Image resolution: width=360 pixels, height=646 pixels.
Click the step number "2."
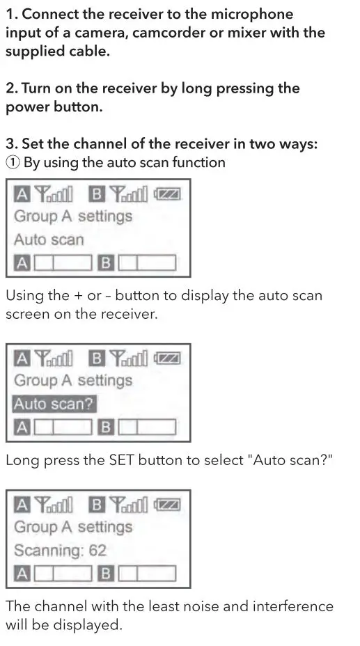12,88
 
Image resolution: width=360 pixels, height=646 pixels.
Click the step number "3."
12,144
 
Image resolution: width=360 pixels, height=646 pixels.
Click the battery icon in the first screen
168,194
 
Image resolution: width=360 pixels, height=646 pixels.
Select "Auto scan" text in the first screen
49,239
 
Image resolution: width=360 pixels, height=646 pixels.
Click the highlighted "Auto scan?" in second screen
54,404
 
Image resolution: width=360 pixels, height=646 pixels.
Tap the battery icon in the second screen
168,359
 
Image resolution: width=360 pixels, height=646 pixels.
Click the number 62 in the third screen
97,551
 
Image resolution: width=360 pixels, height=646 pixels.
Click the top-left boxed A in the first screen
22,194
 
